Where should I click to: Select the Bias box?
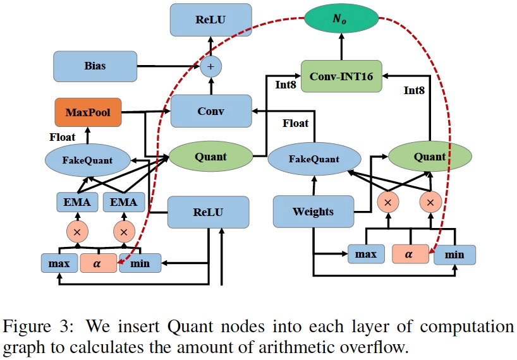[95, 66]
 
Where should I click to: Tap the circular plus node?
[212, 66]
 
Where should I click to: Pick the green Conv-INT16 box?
[342, 76]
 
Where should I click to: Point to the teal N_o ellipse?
[342, 20]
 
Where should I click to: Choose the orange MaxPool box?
[87, 112]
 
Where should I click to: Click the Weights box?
[313, 211]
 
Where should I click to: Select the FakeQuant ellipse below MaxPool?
[87, 160]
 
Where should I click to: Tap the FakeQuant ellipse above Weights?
[313, 159]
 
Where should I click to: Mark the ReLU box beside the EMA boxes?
[208, 212]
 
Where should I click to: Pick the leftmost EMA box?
[76, 203]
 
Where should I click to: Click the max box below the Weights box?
[366, 254]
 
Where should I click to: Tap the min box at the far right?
[454, 255]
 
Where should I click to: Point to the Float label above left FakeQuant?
[63, 136]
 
